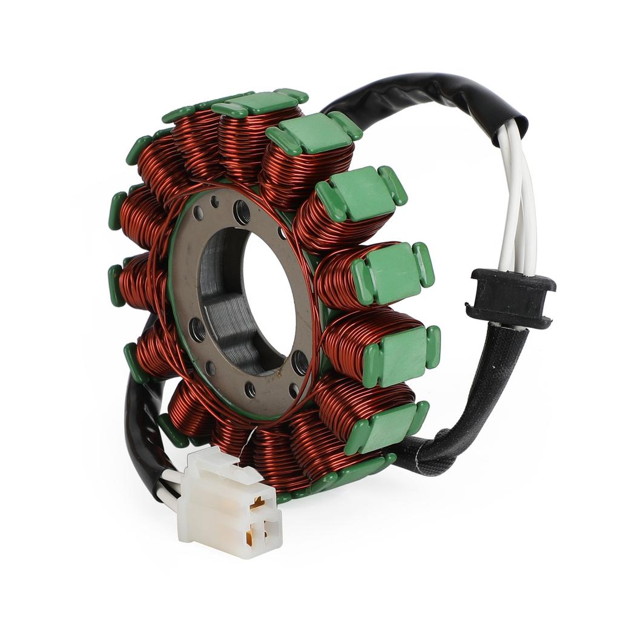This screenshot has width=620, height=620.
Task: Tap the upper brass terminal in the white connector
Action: click(260, 502)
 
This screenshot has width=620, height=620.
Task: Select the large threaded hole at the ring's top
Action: click(241, 211)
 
